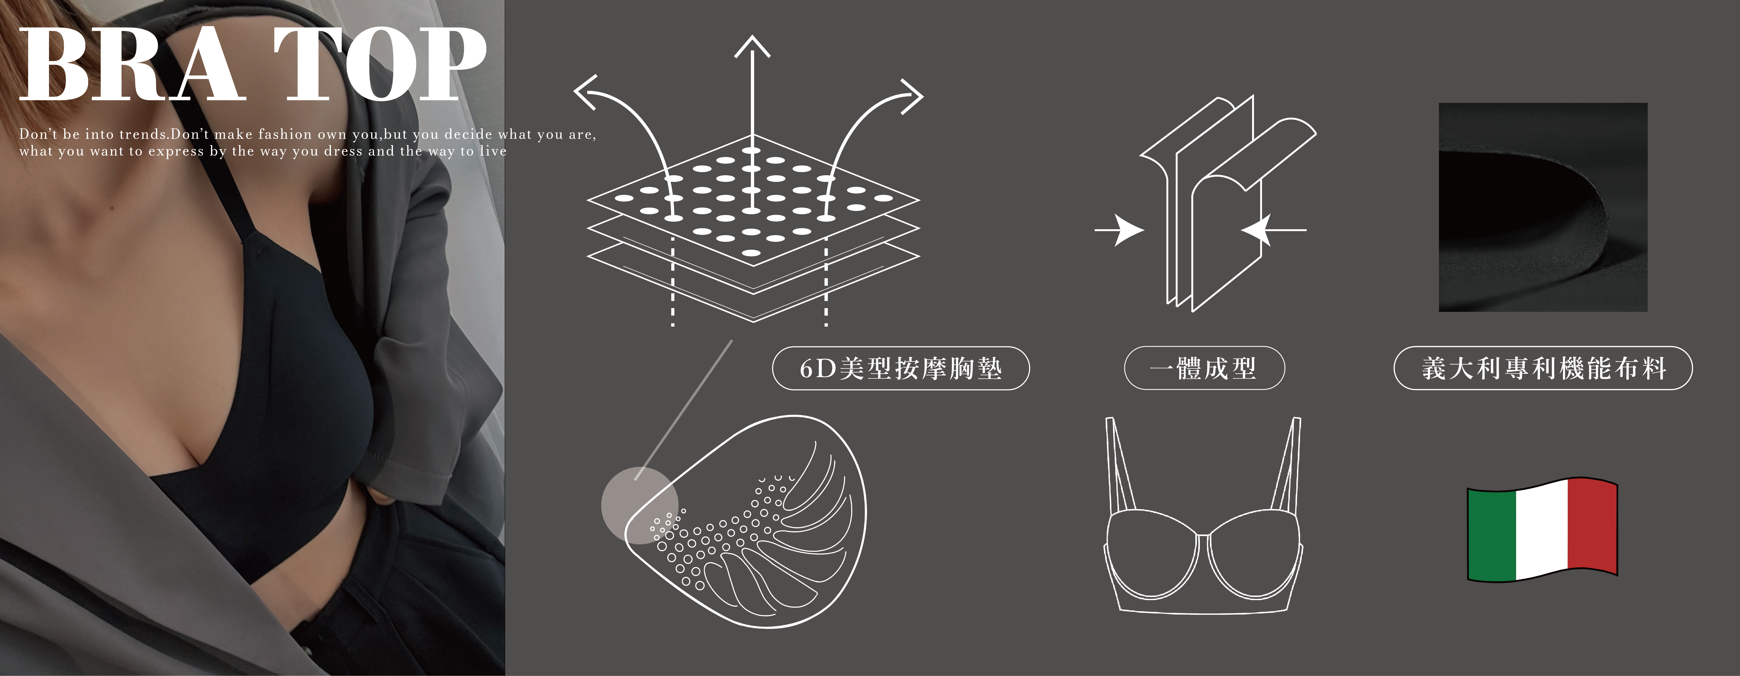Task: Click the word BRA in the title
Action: [132, 66]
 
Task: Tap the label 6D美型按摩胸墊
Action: [900, 369]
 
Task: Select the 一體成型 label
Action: [1204, 369]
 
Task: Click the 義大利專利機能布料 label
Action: [1543, 369]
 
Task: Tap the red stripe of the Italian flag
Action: [1592, 524]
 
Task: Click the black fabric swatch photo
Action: [1543, 207]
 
